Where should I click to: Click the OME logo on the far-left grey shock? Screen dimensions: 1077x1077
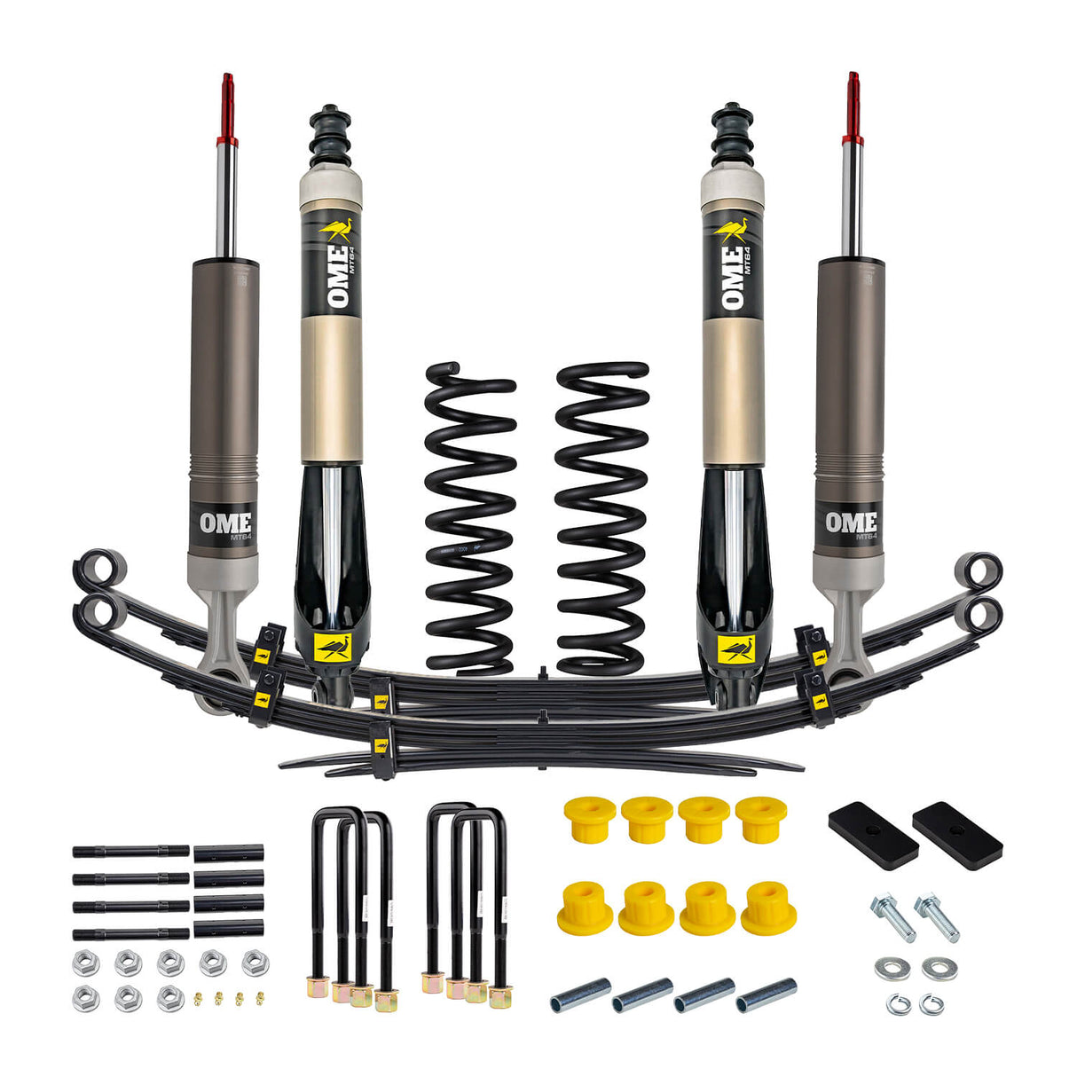click(x=224, y=523)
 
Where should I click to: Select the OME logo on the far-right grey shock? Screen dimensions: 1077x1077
click(x=851, y=523)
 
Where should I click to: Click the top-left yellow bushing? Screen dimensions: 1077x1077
click(x=588, y=818)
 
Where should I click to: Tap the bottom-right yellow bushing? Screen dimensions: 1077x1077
click(x=768, y=907)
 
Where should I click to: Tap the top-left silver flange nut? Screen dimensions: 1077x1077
click(x=85, y=963)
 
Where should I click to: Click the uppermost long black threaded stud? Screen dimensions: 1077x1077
click(x=130, y=852)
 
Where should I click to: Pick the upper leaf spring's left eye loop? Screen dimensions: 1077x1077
click(x=99, y=569)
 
